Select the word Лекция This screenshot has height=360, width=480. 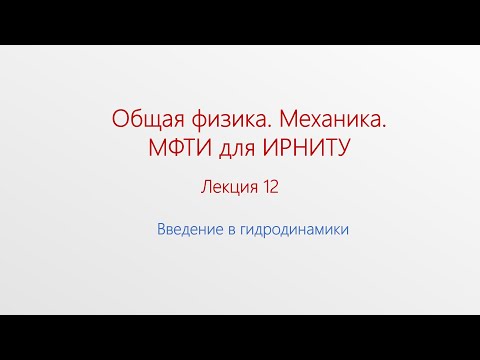[231, 186]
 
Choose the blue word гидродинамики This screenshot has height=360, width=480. [296, 229]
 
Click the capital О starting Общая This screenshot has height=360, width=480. [117, 120]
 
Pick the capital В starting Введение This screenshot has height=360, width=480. [161, 228]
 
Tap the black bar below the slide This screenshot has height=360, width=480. [240, 337]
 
